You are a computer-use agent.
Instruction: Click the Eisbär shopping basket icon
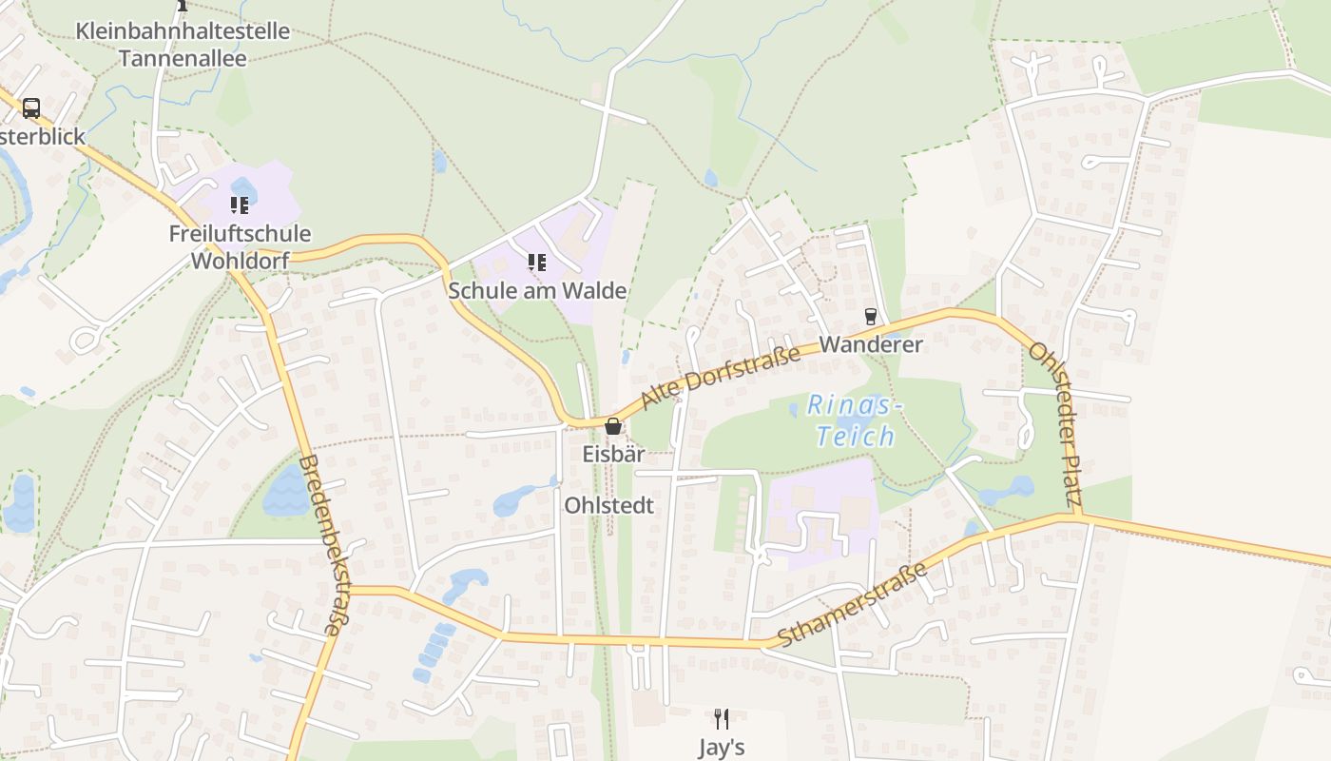(x=613, y=426)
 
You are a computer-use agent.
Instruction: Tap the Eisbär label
(x=613, y=454)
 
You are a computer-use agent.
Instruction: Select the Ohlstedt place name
(x=609, y=505)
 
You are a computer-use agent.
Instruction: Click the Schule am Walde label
(x=537, y=290)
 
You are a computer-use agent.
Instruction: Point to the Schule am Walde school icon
(x=537, y=262)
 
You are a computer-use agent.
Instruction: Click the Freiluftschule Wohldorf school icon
(x=239, y=205)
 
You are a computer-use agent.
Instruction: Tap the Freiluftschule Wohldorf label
(x=240, y=246)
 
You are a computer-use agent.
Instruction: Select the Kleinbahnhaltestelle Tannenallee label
(x=183, y=44)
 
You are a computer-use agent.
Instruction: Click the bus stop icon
(x=31, y=107)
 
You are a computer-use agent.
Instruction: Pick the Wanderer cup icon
(x=870, y=317)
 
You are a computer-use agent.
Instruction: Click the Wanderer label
(x=871, y=344)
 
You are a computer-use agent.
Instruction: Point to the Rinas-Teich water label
(x=853, y=420)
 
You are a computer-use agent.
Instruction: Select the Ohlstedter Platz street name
(x=1056, y=423)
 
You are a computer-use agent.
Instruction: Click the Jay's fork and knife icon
(x=722, y=718)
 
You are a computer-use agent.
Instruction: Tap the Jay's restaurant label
(x=722, y=747)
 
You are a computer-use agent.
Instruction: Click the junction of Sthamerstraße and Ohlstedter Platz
(x=1078, y=517)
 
